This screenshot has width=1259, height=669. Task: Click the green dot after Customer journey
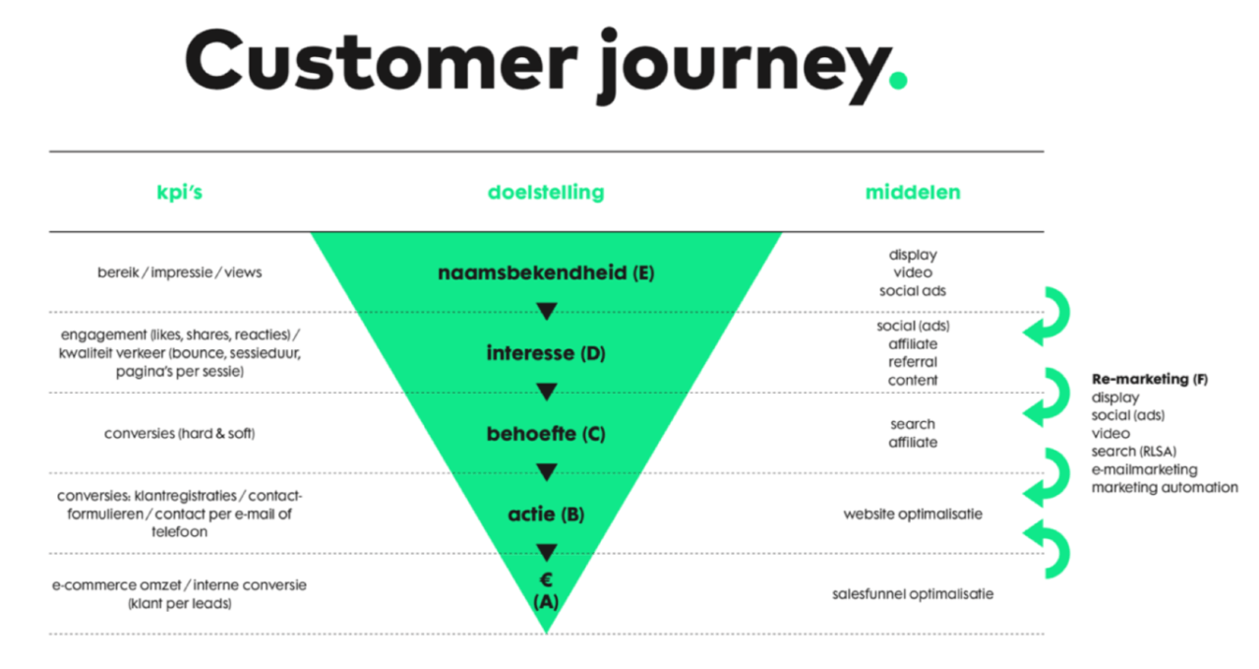click(896, 80)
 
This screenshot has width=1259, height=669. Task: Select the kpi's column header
click(180, 193)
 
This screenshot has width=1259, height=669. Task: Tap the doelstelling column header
click(546, 193)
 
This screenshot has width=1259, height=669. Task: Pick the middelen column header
click(913, 193)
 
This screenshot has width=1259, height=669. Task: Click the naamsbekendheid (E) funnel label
click(546, 273)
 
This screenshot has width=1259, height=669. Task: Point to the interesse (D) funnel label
click(546, 352)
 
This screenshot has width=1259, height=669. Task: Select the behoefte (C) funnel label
click(546, 433)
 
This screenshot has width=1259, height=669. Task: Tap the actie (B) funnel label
click(546, 514)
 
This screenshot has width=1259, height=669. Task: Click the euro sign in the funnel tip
click(546, 579)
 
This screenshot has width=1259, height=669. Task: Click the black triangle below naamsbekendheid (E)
click(547, 311)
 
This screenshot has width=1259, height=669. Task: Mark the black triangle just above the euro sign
click(547, 552)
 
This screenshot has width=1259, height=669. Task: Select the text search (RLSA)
click(1134, 452)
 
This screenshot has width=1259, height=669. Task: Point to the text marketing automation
click(1165, 487)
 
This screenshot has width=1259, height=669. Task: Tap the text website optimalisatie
click(913, 514)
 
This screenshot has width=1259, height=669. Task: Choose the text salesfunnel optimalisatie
click(913, 593)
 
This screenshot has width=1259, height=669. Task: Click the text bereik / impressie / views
click(180, 272)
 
